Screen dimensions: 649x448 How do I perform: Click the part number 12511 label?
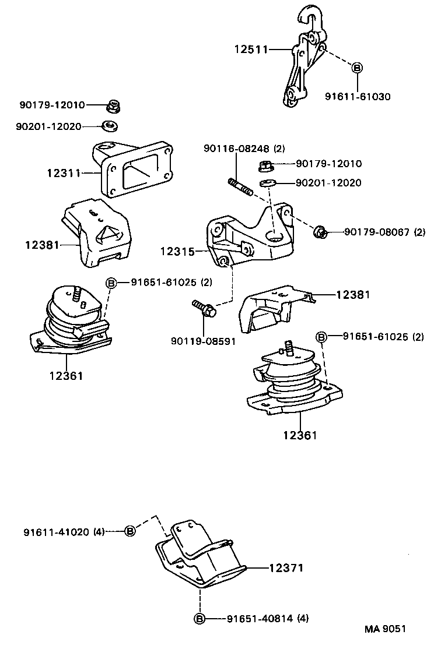click(251, 50)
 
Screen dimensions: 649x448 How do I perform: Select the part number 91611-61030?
click(358, 97)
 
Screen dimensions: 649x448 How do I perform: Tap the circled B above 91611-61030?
click(358, 68)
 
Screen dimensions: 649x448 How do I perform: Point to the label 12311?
click(64, 172)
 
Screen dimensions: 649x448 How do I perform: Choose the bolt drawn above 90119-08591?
click(204, 308)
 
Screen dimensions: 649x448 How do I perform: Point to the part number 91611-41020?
click(57, 532)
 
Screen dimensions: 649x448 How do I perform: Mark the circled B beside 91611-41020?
click(130, 531)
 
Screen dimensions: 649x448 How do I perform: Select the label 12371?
click(286, 567)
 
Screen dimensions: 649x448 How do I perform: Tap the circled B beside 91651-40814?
click(199, 618)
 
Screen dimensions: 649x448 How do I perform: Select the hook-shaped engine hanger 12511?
click(304, 58)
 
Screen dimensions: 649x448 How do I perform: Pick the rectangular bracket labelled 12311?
click(134, 169)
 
